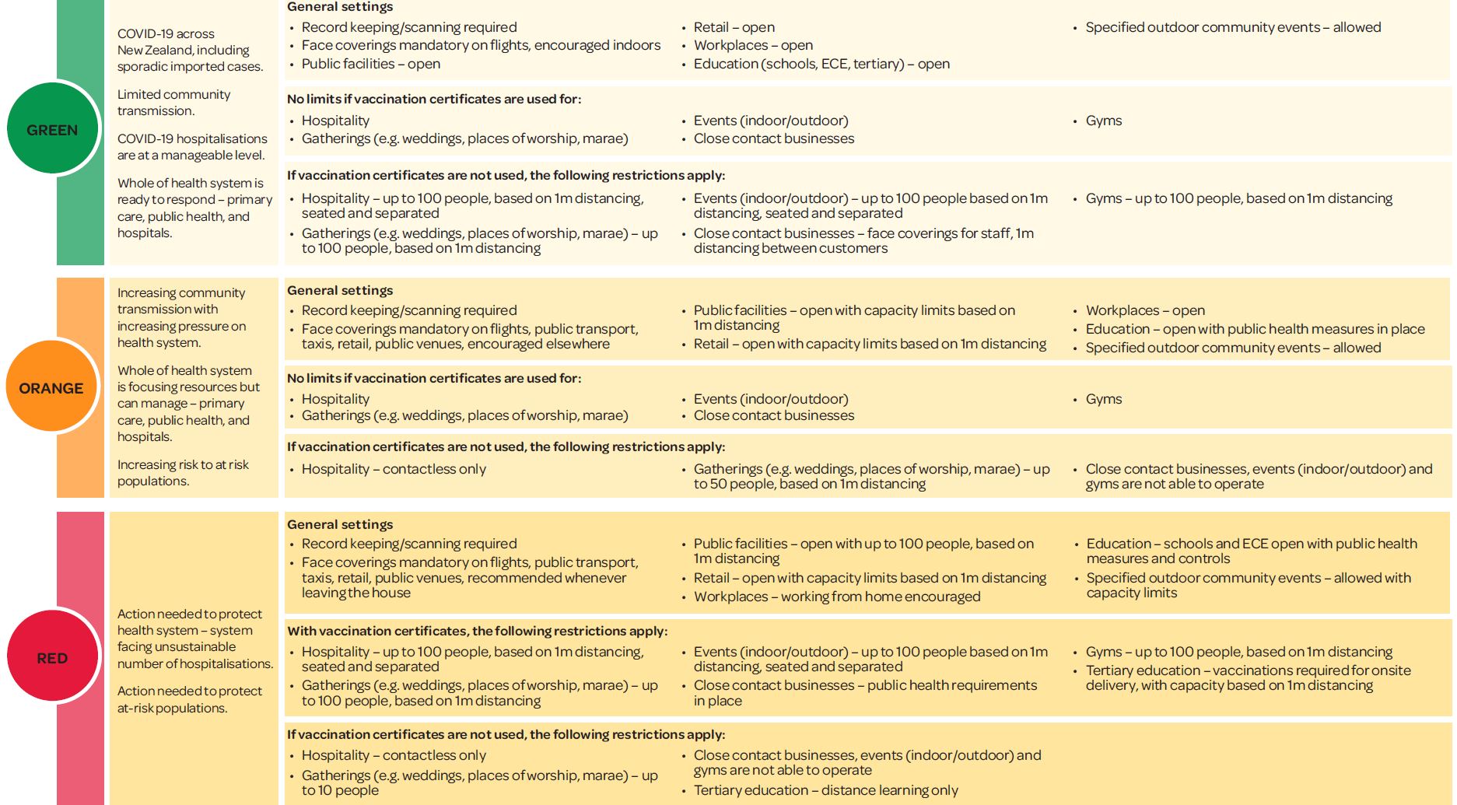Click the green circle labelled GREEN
pyautogui.click(x=52, y=129)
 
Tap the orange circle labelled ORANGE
pyautogui.click(x=51, y=387)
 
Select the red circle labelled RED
pyautogui.click(x=52, y=657)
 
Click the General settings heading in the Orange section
pyautogui.click(x=340, y=290)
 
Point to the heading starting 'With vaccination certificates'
pyautogui.click(x=477, y=631)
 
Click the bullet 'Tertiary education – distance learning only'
pyautogui.click(x=825, y=790)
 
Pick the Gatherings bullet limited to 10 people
pyautogui.click(x=479, y=782)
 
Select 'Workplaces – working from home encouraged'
pyautogui.click(x=836, y=597)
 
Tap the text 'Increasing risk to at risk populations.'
pyautogui.click(x=183, y=472)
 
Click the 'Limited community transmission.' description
pyautogui.click(x=173, y=102)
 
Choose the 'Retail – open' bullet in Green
pyautogui.click(x=734, y=27)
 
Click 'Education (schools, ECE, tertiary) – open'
pyautogui.click(x=821, y=64)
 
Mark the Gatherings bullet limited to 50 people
pyautogui.click(x=871, y=476)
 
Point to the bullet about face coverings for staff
pyautogui.click(x=863, y=240)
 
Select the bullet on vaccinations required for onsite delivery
pyautogui.click(x=1248, y=677)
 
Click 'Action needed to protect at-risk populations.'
pyautogui.click(x=189, y=699)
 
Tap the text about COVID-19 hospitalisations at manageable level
pyautogui.click(x=192, y=146)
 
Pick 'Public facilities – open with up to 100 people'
pyautogui.click(x=863, y=551)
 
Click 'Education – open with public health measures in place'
pyautogui.click(x=1255, y=329)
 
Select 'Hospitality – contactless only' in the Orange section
pyautogui.click(x=394, y=469)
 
